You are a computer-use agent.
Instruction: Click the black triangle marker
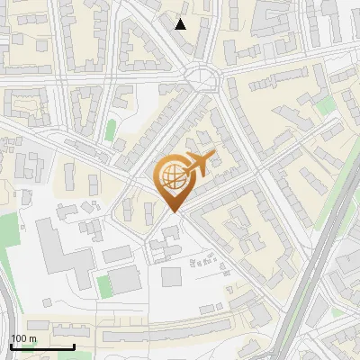[181, 24]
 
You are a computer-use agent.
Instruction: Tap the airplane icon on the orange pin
[195, 165]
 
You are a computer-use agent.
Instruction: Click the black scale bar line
[42, 346]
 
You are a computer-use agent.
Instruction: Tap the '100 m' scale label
[23, 338]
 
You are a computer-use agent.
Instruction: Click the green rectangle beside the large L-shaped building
[103, 286]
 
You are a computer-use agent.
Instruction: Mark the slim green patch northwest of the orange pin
[111, 130]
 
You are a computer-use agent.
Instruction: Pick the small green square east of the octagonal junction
[324, 106]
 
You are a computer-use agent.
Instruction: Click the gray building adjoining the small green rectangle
[126, 281]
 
